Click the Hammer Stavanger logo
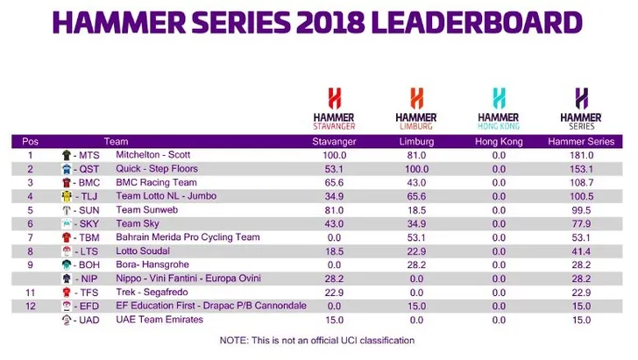[x=334, y=108]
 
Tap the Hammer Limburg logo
[x=416, y=108]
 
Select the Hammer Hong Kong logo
[x=499, y=108]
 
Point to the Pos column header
[x=31, y=141]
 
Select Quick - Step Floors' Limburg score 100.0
[x=416, y=168]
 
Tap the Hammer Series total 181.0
[x=583, y=154]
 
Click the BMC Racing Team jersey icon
[x=67, y=182]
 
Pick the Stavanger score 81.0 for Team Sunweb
[x=334, y=209]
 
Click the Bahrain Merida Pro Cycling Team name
[x=188, y=236]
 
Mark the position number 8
[x=30, y=251]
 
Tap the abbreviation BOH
[x=89, y=265]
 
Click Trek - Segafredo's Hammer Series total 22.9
[x=583, y=292]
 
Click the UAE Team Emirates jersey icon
[x=67, y=320]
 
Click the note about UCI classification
[x=317, y=340]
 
